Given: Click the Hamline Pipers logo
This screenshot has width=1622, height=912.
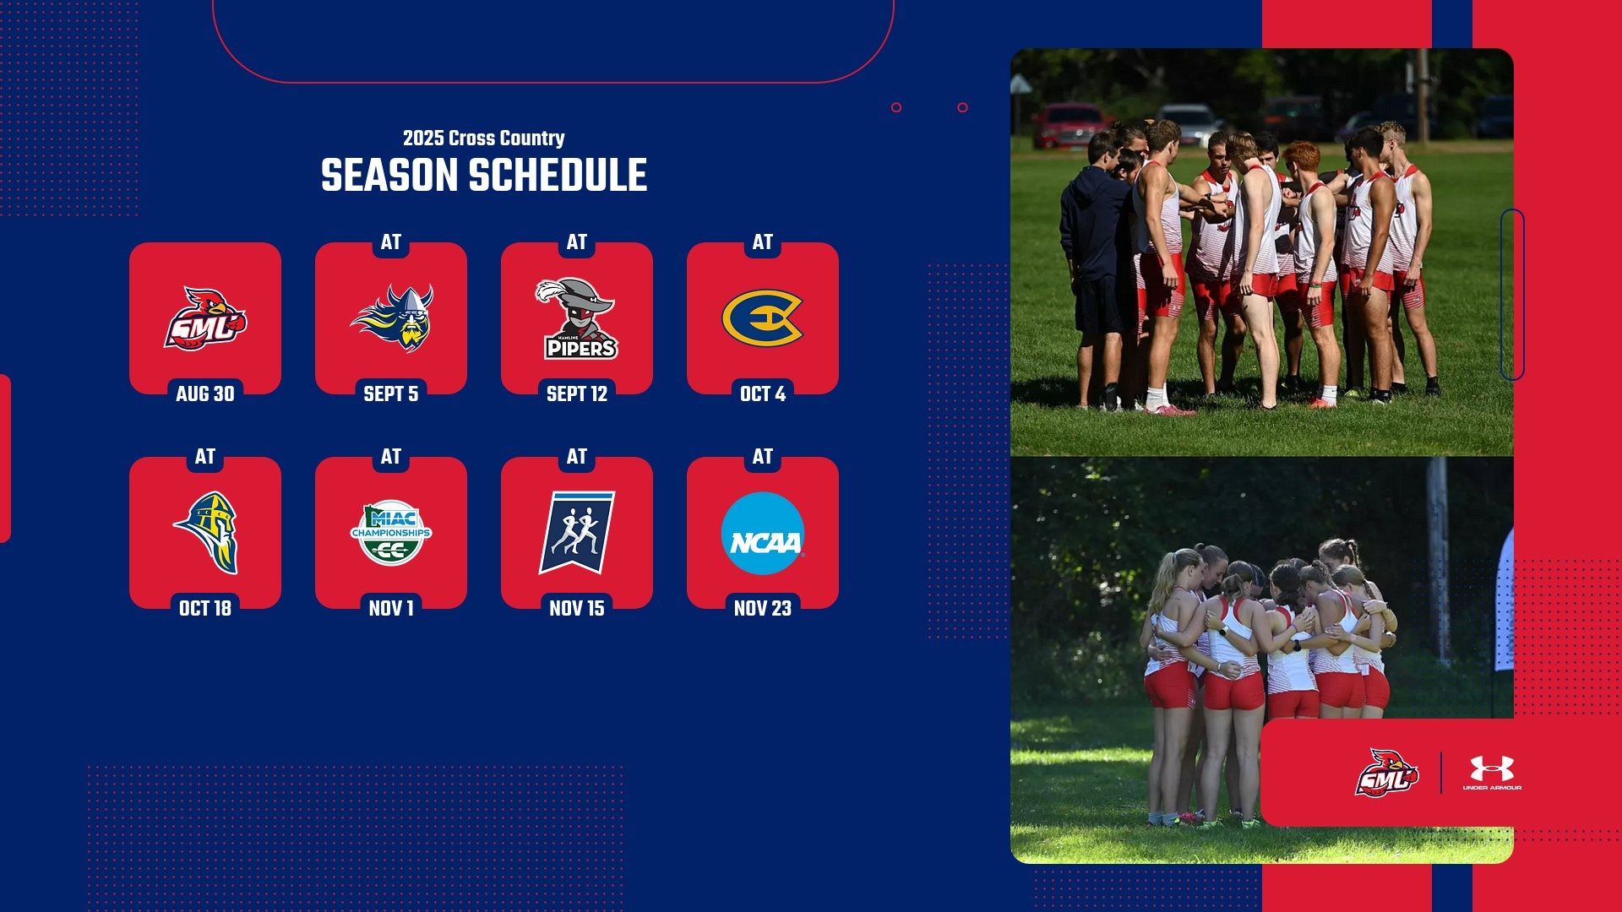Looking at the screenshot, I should [577, 319].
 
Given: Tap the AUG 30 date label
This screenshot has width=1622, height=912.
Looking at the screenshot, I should [205, 394].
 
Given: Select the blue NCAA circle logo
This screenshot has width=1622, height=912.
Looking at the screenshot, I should [762, 534].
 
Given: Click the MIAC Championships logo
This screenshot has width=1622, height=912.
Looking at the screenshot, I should [391, 534].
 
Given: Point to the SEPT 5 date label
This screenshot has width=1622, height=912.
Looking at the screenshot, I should [391, 394].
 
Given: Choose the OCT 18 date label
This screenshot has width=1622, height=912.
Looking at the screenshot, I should [205, 608].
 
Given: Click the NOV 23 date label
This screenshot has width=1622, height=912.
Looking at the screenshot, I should [762, 608].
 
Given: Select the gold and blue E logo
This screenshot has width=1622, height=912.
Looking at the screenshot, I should [762, 318].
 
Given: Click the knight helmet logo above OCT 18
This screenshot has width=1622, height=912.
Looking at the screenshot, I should [207, 533].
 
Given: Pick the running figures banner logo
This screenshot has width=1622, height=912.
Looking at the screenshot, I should [577, 533].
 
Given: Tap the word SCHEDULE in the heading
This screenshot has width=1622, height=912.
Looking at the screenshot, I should [558, 176].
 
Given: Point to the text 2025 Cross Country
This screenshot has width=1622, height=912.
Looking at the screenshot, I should [483, 138].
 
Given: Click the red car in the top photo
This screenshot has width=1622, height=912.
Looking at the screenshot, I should [1070, 125].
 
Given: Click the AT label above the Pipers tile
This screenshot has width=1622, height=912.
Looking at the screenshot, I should [577, 242].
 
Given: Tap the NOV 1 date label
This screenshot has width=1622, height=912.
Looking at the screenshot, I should [391, 608].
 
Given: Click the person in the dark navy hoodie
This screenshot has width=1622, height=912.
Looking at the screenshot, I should [1097, 253].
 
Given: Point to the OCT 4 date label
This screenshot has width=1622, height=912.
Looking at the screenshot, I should [762, 394].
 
